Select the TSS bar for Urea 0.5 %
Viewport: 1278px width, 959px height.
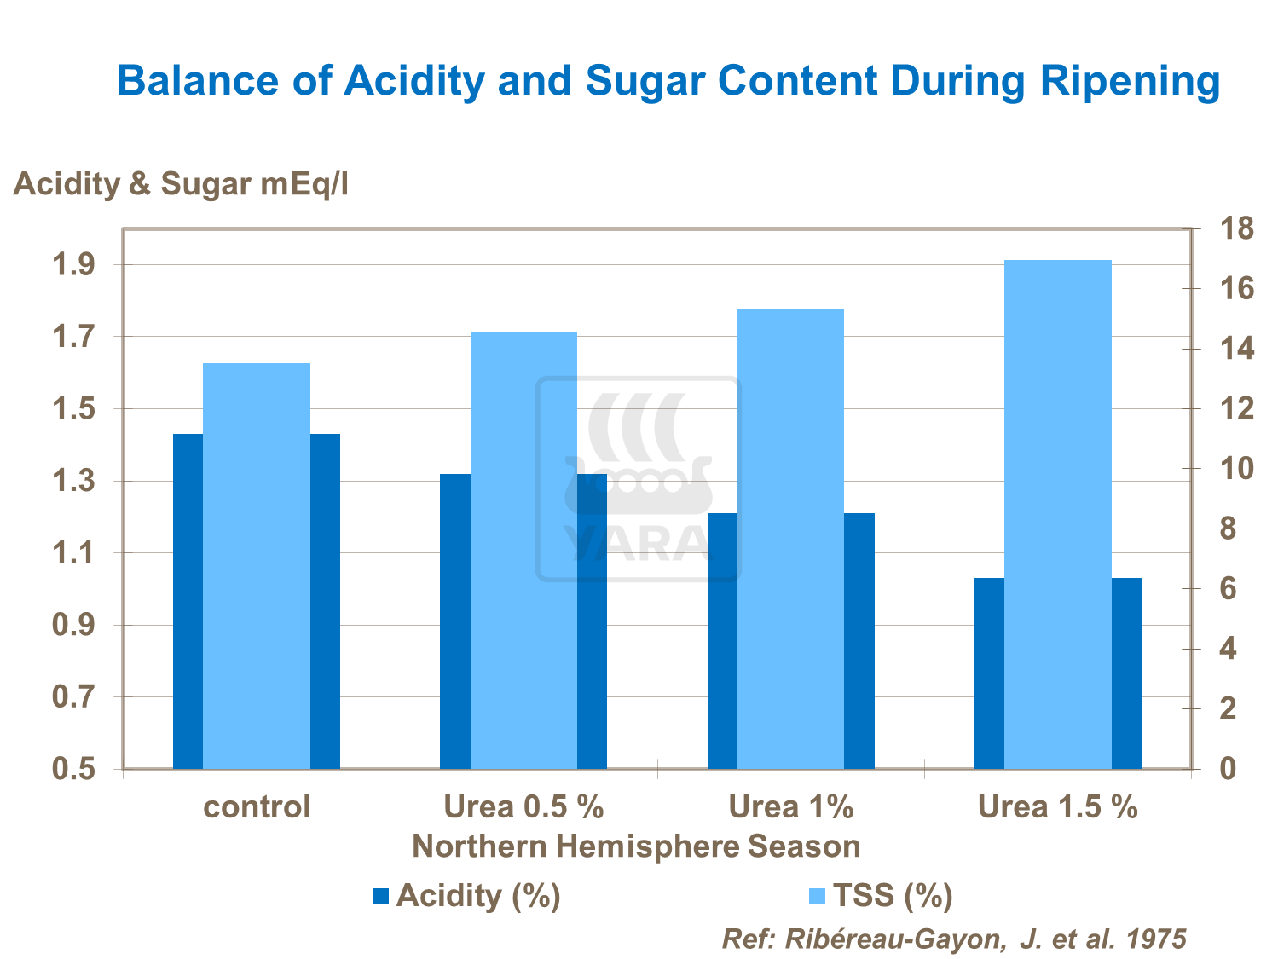click(x=523, y=550)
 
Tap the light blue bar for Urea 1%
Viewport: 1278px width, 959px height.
click(x=790, y=538)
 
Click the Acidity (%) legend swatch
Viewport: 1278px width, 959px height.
click(x=380, y=896)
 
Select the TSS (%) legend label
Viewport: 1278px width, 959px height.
click(x=892, y=895)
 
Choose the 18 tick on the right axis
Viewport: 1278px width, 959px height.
click(x=1237, y=229)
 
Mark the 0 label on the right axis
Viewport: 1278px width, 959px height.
click(x=1228, y=769)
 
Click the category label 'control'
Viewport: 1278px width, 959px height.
click(x=257, y=806)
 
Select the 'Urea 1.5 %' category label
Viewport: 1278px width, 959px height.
click(x=1057, y=806)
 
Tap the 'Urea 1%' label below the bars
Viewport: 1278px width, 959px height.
click(x=790, y=806)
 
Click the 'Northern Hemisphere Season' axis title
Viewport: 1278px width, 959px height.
click(x=636, y=846)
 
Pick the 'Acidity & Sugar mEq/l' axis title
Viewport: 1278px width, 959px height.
click(x=181, y=184)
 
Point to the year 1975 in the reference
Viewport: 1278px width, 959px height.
click(x=1156, y=939)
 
